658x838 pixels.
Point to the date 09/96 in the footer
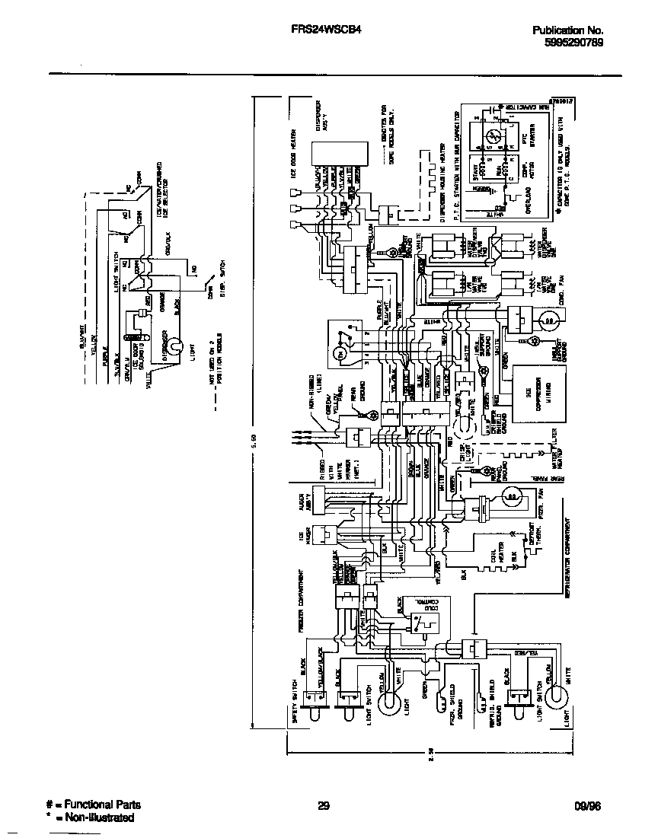click(586, 805)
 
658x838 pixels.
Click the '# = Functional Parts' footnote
click(93, 805)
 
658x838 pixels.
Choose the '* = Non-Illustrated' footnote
click(90, 817)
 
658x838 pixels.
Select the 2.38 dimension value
click(431, 749)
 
